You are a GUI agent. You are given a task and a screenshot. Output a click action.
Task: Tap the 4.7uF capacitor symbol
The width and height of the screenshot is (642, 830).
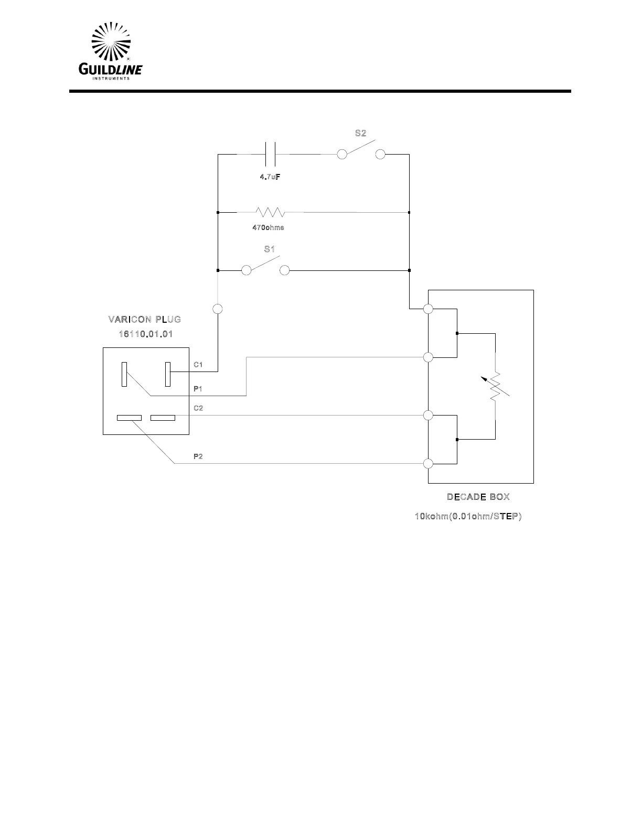tap(271, 155)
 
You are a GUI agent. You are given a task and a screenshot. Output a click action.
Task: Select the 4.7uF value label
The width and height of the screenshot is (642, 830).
tap(270, 177)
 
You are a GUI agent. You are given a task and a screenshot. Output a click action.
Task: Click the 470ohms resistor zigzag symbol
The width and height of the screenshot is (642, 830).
tap(270, 212)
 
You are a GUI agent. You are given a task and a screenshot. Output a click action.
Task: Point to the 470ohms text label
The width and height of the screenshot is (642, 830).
tap(269, 228)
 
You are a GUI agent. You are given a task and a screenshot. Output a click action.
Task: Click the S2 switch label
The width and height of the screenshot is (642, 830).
tap(360, 133)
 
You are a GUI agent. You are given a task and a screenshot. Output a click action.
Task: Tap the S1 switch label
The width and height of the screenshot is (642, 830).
tap(270, 249)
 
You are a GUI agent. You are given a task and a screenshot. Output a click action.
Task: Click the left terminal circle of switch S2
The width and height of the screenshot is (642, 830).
tap(342, 155)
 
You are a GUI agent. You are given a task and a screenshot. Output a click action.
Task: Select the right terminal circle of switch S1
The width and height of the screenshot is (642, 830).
tap(284, 270)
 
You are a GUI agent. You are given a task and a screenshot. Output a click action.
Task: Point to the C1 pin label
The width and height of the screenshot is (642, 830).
tap(198, 364)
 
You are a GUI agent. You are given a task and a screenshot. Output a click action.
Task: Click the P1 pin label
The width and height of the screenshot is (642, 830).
tap(198, 389)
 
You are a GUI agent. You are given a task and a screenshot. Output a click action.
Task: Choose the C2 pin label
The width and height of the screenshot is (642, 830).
tap(198, 408)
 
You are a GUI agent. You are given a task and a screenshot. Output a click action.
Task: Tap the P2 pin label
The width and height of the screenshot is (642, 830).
tap(198, 456)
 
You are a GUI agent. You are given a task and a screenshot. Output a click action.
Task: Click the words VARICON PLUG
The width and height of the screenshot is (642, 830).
tap(145, 319)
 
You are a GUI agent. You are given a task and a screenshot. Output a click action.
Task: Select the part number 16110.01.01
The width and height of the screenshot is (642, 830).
tap(145, 334)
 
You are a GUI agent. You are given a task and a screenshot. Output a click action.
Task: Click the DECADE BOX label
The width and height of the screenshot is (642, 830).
tap(478, 497)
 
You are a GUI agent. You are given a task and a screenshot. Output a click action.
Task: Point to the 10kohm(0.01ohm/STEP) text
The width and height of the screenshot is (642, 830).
tap(468, 517)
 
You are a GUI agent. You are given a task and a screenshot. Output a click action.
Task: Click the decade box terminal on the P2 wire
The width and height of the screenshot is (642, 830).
tap(429, 463)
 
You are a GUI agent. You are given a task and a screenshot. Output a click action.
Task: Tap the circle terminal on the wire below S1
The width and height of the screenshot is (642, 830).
tap(218, 309)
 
